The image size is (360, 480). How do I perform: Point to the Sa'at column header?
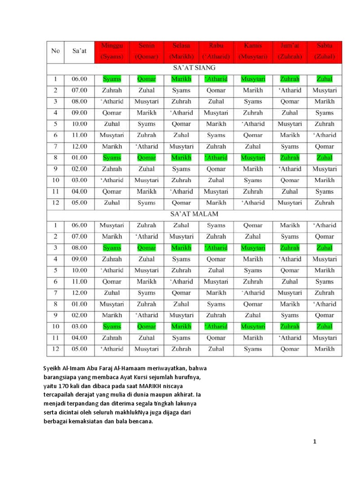point(79,51)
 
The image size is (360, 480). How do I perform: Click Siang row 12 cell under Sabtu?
point(324,203)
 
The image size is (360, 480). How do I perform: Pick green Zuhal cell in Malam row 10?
point(324,327)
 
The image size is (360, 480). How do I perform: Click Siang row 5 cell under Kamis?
point(253,124)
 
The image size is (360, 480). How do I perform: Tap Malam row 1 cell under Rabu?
point(216,225)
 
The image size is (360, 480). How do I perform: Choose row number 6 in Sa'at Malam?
point(55,282)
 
